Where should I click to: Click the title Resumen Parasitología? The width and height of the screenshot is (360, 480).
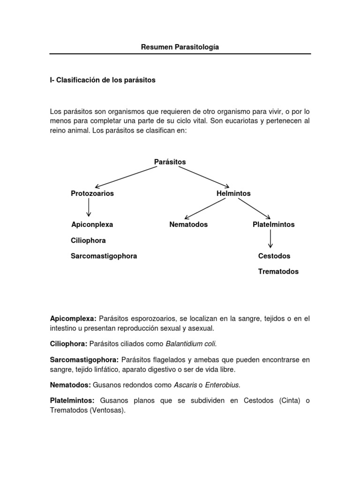[x=180, y=47]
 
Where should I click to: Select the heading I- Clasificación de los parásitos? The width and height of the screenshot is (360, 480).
[x=102, y=80]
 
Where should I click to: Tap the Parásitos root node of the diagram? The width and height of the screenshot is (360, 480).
[x=170, y=162]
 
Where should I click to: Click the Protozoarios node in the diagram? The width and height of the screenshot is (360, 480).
[x=92, y=193]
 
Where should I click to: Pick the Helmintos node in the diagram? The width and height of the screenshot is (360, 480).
[x=233, y=193]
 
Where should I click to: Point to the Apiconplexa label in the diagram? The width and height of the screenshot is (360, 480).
[x=92, y=225]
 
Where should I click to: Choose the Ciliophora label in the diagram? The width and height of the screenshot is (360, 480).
[x=88, y=240]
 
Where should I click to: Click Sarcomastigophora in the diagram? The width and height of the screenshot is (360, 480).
[x=104, y=256]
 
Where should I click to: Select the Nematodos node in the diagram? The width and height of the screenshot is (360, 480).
[x=188, y=225]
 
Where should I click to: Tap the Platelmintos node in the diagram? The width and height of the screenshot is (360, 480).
[x=274, y=225]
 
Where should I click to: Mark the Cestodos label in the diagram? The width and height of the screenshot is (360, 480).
[x=274, y=256]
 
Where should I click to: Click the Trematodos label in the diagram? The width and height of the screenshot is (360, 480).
[x=278, y=271]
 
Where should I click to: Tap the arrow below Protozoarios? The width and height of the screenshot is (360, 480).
[x=89, y=208]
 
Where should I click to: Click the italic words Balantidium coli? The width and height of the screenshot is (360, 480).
[x=191, y=344]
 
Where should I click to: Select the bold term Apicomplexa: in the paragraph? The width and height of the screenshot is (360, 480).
[x=73, y=318]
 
